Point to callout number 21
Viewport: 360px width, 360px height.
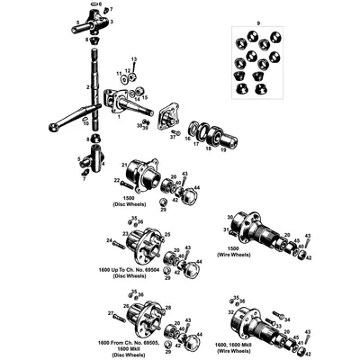coord(123,165)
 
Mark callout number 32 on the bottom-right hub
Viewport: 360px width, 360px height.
coord(232,312)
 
